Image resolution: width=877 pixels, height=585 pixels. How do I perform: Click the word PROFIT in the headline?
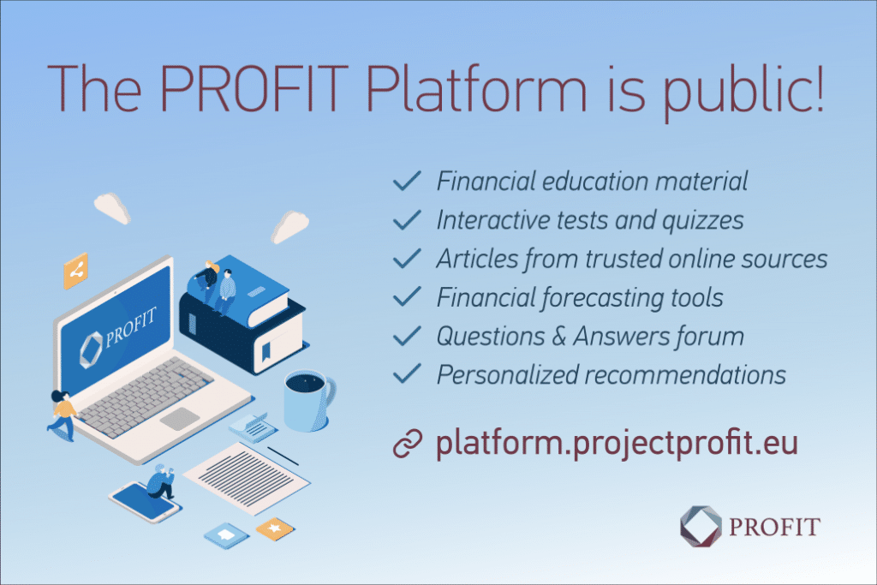coord(254,89)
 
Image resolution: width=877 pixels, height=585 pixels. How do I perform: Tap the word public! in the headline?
coord(744,93)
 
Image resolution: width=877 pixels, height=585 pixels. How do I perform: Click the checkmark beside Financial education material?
coord(407,181)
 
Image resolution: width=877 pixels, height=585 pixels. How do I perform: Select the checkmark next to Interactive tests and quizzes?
coord(407,220)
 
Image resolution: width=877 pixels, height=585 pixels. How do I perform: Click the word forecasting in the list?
coord(602,297)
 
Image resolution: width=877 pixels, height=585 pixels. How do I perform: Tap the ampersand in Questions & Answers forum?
coord(558,337)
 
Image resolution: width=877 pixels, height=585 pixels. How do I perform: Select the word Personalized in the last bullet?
coord(507,375)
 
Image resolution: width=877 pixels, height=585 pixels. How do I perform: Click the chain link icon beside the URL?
coord(408,444)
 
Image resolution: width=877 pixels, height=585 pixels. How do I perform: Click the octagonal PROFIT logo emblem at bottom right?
coord(701,526)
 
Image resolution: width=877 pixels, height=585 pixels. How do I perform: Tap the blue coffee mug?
coord(308,401)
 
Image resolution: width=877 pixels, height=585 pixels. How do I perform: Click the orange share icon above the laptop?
coord(75,272)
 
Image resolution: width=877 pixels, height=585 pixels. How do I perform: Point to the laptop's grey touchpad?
coord(180,418)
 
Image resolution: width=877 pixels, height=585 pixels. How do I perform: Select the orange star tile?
coord(275,528)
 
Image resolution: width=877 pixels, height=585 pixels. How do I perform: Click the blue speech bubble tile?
coord(226,535)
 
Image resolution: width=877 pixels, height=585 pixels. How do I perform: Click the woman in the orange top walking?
coord(62,415)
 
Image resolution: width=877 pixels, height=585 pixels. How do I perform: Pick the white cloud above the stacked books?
coord(289,226)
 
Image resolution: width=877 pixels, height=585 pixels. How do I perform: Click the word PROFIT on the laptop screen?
coord(130,326)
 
